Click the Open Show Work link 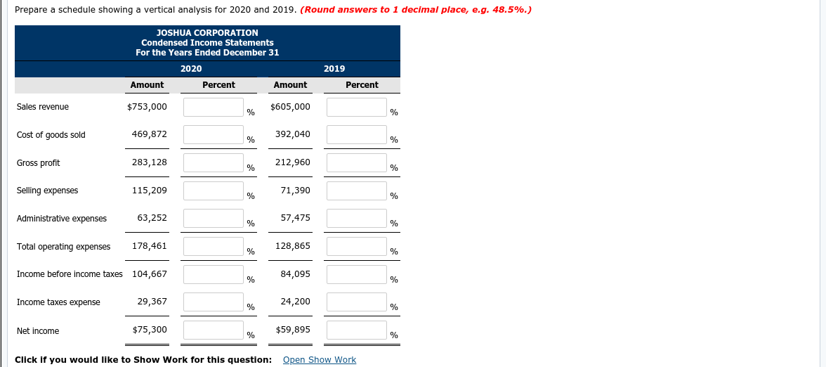coord(319,360)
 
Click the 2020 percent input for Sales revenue coord(214,107)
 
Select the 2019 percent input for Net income coord(357,330)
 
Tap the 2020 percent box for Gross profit coord(214,162)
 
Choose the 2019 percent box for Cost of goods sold coord(357,134)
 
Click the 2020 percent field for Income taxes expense coord(214,302)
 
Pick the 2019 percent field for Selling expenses coord(357,191)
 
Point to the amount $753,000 coord(147,107)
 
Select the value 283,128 coord(150,162)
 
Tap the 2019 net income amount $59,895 coord(293,330)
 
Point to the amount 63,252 coord(152,218)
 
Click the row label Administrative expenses coord(62,219)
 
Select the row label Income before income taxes coord(70,274)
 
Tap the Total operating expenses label coord(63,247)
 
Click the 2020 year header coord(191,69)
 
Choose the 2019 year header coord(334,69)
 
